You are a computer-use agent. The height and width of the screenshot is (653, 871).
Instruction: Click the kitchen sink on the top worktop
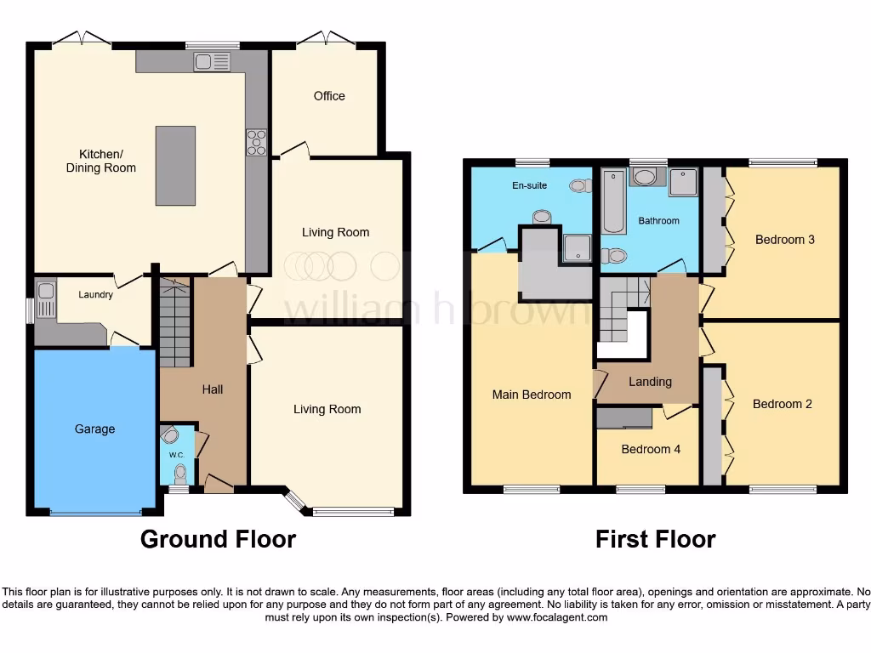212,61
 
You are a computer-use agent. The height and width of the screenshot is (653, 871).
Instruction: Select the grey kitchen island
175,165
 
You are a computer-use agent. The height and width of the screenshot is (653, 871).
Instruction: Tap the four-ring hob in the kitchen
256,142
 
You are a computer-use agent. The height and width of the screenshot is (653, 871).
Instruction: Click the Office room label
329,96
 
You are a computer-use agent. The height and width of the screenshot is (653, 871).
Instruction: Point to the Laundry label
95,295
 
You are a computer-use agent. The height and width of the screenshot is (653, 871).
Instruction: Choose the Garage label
94,429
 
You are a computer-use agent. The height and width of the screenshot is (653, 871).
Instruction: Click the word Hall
213,389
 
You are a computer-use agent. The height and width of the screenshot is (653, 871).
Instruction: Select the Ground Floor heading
218,539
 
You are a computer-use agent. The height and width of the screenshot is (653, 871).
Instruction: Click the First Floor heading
655,539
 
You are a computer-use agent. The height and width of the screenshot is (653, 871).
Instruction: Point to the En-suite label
530,185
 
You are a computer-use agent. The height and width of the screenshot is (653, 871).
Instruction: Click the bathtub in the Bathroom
612,202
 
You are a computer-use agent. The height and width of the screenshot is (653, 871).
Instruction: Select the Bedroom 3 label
785,240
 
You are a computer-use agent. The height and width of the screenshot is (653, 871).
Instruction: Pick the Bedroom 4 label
650,449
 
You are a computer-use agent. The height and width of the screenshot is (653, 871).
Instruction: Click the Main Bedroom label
532,395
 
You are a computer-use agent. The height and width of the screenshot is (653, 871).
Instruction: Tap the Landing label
650,382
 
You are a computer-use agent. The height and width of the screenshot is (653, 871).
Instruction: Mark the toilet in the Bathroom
614,255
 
